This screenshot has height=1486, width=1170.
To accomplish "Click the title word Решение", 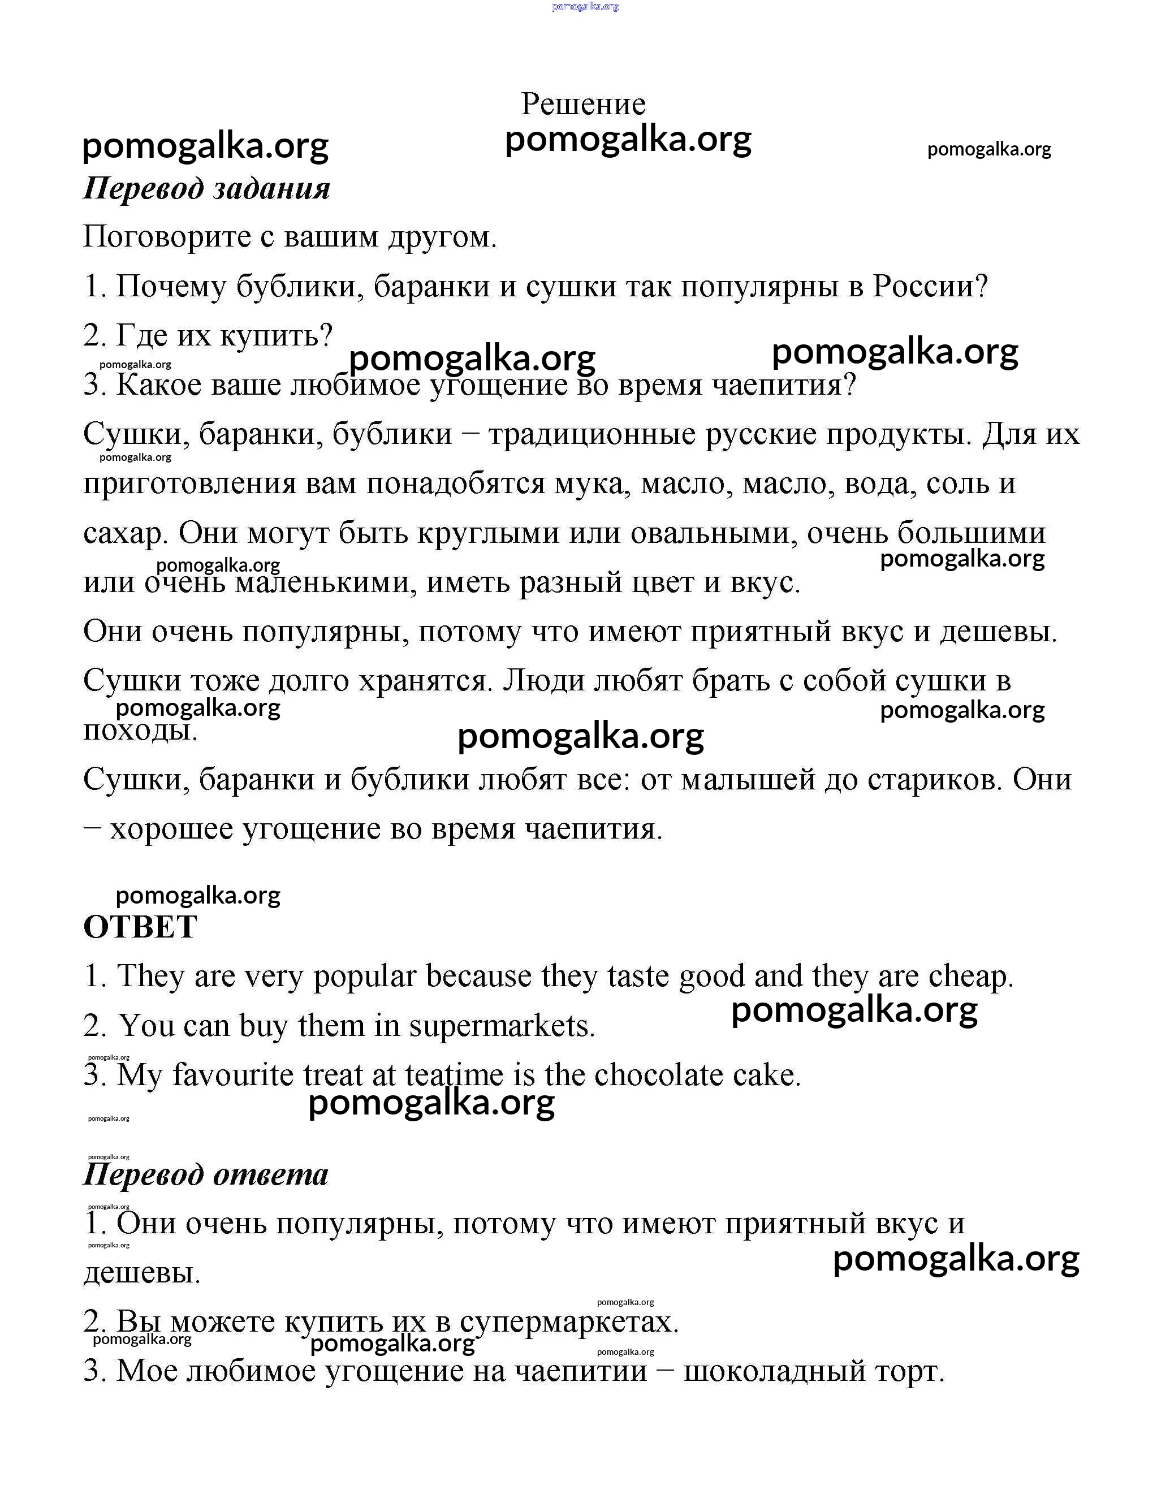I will tap(583, 104).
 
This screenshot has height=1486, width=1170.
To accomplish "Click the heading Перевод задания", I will tap(206, 188).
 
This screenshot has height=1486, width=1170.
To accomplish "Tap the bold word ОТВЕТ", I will tap(140, 927).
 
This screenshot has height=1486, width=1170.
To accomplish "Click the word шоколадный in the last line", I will tap(774, 1371).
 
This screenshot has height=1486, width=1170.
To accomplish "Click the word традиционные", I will tap(592, 434).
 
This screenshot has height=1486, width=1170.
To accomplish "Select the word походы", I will tap(140, 730).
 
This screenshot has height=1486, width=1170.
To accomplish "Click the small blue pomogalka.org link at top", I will tap(585, 6).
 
